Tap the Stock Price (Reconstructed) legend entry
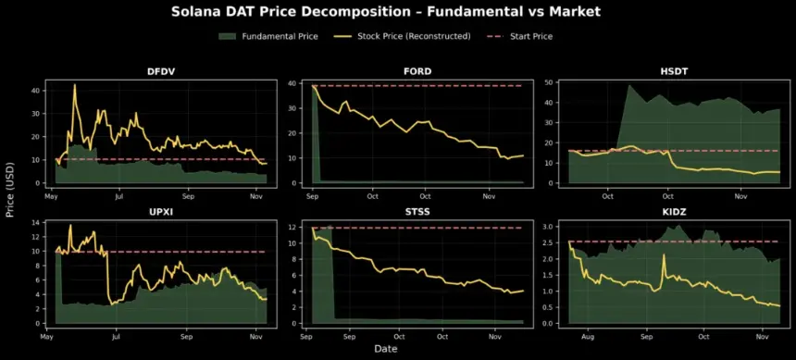coord(408,36)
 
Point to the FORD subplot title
coord(418,71)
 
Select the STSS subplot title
coord(418,214)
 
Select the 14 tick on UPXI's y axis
coord(37,223)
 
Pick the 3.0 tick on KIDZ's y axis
coord(549,226)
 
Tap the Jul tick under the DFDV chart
coord(119,196)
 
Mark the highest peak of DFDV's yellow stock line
coord(74,85)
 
